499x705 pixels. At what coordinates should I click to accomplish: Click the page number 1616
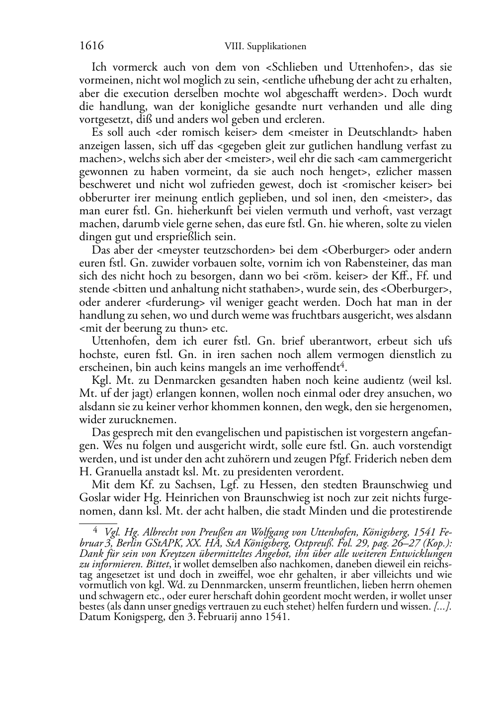click(91, 46)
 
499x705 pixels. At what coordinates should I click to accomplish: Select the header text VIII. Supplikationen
click(265, 47)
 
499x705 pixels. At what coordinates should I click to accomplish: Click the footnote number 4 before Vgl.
click(96, 530)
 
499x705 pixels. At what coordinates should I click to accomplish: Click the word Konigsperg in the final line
click(130, 617)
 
